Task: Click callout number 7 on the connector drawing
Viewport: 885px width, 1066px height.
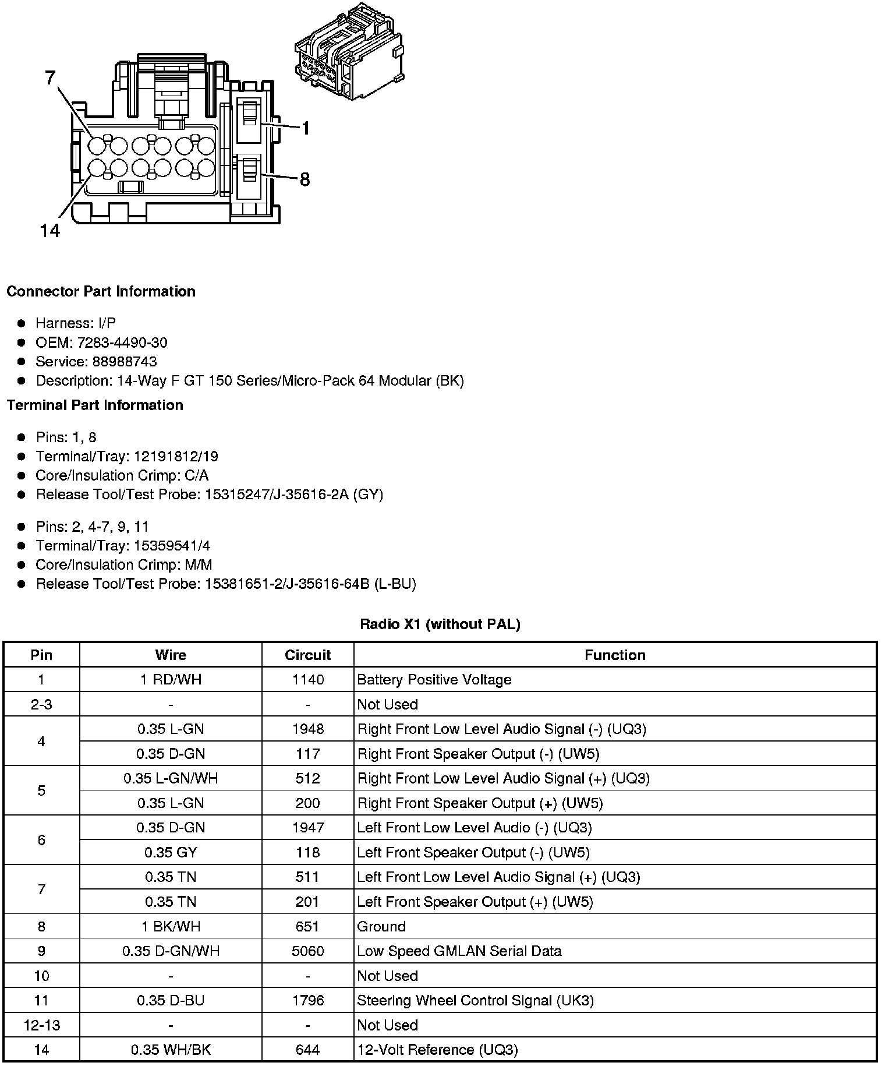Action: [51, 77]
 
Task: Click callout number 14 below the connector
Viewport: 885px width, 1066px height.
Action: [50, 231]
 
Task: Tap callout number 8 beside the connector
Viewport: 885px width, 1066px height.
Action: [305, 179]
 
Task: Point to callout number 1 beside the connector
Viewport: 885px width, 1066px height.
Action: [305, 128]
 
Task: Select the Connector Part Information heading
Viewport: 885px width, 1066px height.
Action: [101, 291]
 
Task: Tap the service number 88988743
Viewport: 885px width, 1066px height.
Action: [125, 362]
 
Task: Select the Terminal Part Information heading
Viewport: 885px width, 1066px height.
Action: [95, 405]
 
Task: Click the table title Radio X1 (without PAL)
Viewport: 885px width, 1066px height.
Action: [440, 624]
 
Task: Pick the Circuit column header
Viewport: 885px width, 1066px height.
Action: [307, 655]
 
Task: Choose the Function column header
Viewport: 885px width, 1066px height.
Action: [615, 655]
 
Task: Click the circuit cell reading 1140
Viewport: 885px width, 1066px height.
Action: [307, 680]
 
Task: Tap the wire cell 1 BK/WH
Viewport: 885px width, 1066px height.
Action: [171, 927]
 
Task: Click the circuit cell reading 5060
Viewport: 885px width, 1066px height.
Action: [307, 951]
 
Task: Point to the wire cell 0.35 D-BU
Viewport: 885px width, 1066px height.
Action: [171, 1001]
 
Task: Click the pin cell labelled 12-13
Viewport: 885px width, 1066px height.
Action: [41, 1025]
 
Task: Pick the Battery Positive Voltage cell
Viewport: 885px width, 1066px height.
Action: [434, 680]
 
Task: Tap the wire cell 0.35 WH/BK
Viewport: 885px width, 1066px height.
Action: [171, 1050]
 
